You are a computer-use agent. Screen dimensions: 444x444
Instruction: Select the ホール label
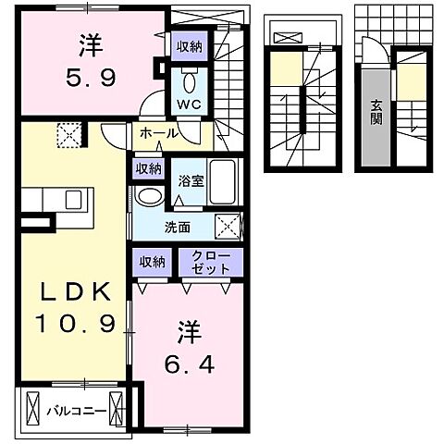click(159, 134)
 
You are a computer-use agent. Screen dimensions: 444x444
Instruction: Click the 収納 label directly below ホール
click(148, 168)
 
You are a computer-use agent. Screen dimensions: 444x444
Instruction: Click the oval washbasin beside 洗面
click(148, 196)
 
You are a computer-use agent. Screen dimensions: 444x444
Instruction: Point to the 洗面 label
click(179, 225)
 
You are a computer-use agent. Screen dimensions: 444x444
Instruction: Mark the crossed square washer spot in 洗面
click(229, 225)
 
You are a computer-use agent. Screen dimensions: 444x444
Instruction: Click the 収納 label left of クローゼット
click(153, 262)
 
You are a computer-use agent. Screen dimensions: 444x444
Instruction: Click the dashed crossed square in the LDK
click(68, 137)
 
